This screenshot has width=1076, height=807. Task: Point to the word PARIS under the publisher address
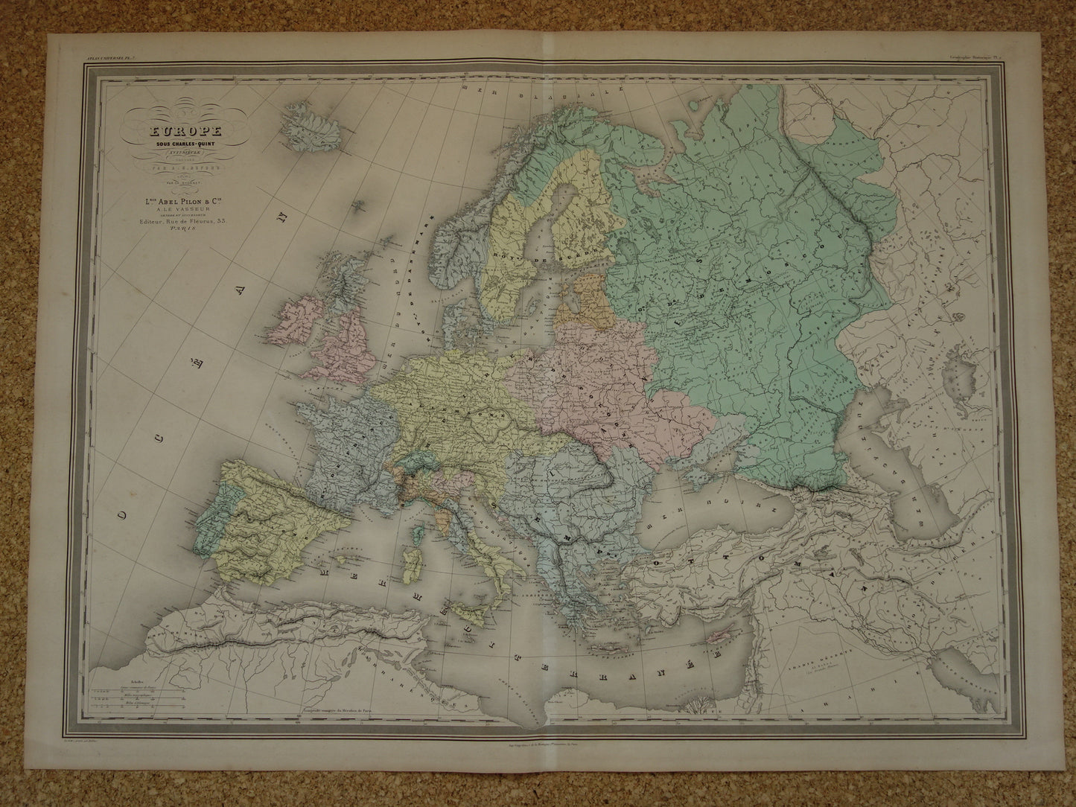point(179,231)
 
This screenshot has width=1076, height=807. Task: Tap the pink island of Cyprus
point(720,617)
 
